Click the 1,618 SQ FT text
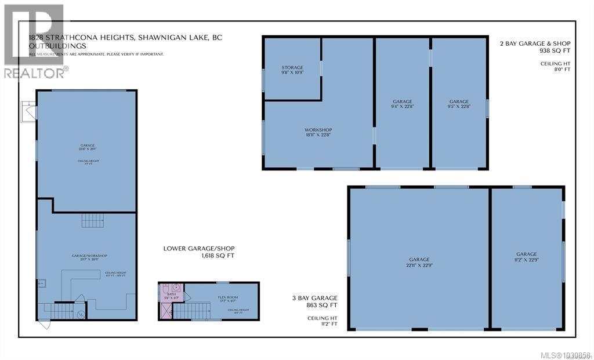(x=216, y=256)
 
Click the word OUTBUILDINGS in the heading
(x=57, y=45)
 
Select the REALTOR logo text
(x=35, y=73)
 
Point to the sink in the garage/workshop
(x=42, y=284)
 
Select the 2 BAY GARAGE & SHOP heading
(x=535, y=43)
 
